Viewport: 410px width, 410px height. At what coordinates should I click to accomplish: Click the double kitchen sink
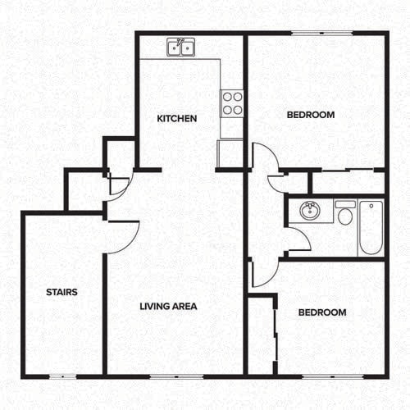181,48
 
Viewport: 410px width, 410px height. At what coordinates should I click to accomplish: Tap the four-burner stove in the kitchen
232,102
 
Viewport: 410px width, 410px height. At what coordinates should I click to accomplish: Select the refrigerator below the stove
230,153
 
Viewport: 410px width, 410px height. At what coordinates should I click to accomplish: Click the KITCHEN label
177,119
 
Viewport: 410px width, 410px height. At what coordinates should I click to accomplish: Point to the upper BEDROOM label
311,115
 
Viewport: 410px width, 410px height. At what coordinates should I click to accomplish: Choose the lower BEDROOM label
321,312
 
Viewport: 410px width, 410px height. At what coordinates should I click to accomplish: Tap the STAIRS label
61,291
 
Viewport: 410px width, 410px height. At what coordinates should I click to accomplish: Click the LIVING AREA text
168,307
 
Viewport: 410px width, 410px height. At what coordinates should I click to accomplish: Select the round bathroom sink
310,212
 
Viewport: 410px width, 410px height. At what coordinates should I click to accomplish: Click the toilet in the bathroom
344,213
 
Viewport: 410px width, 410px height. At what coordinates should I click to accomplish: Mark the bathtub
370,226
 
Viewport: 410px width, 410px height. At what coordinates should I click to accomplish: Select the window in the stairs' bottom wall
61,376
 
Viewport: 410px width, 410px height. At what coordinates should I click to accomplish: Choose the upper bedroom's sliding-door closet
347,180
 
